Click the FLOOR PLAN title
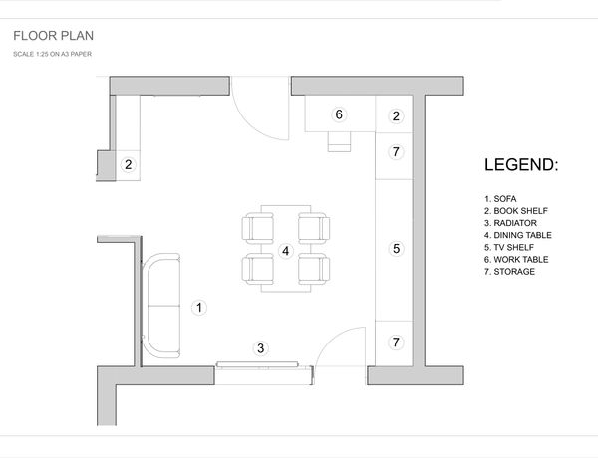pyautogui.click(x=54, y=36)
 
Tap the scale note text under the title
pyautogui.click(x=52, y=54)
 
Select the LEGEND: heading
pyautogui.click(x=521, y=165)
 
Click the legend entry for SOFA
pyautogui.click(x=500, y=199)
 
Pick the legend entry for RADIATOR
pyautogui.click(x=510, y=223)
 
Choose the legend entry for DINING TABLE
pyautogui.click(x=518, y=235)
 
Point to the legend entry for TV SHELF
pyautogui.click(x=509, y=247)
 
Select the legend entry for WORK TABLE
pyautogui.click(x=516, y=260)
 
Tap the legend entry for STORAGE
pyautogui.click(x=509, y=272)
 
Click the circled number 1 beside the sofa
pyautogui.click(x=199, y=307)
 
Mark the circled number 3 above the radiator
pyautogui.click(x=261, y=347)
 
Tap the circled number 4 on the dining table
pyautogui.click(x=286, y=251)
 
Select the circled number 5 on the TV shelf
pyautogui.click(x=397, y=249)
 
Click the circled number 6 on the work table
pyautogui.click(x=339, y=114)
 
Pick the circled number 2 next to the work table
pyautogui.click(x=396, y=115)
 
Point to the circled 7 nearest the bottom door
pyautogui.click(x=396, y=343)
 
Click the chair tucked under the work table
pyautogui.click(x=340, y=142)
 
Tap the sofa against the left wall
pyautogui.click(x=160, y=306)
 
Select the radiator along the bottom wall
pyautogui.click(x=257, y=365)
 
